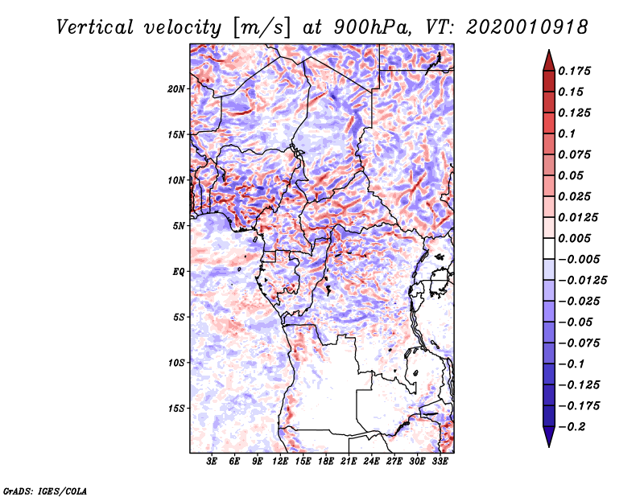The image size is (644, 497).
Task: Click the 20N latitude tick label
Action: pyautogui.click(x=176, y=88)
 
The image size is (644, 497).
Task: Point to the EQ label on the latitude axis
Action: pyautogui.click(x=180, y=272)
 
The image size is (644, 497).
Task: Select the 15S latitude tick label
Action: pyautogui.click(x=176, y=409)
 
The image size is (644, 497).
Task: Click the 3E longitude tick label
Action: pyautogui.click(x=213, y=462)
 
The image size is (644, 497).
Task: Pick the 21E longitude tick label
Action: pyautogui.click(x=349, y=462)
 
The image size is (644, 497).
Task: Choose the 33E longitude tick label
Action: pyautogui.click(x=440, y=462)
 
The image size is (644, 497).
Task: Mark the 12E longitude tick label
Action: pyautogui.click(x=280, y=462)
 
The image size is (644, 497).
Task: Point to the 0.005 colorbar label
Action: pyautogui.click(x=576, y=238)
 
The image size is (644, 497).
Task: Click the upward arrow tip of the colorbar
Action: pyautogui.click(x=548, y=52)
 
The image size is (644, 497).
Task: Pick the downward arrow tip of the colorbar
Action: pyautogui.click(x=548, y=444)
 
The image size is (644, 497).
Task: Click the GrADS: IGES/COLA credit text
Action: pyautogui.click(x=44, y=490)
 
